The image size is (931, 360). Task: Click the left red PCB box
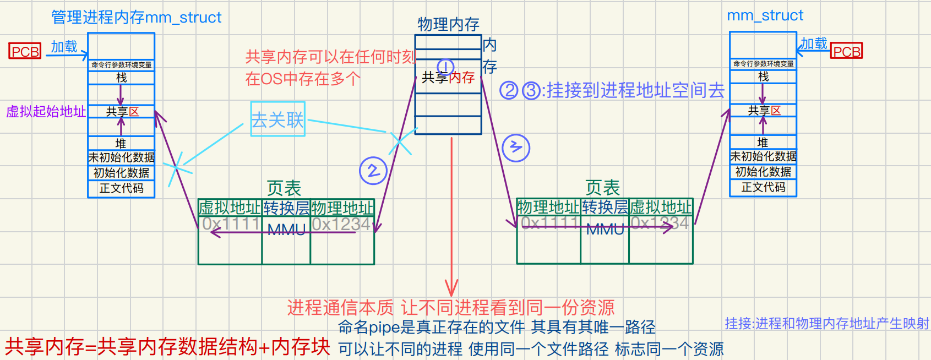25,51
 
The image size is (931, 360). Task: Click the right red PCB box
846,51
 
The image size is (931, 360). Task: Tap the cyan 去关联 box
277,119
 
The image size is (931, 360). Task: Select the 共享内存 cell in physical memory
448,78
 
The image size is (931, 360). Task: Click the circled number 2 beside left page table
373,171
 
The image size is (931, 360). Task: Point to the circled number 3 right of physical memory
516,148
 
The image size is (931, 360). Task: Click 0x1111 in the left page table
230,223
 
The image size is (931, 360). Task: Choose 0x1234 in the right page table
660,223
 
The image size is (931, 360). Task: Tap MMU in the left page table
286,230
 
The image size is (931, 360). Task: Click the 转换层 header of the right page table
605,207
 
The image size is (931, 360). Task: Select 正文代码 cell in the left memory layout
121,188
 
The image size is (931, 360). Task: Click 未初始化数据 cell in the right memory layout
763,157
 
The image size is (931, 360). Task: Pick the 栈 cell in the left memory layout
121,78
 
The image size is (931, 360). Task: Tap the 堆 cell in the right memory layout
763,143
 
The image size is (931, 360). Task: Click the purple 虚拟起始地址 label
46,112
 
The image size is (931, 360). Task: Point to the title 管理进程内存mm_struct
136,18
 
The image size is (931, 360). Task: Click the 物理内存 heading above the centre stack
448,24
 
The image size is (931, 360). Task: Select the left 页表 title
284,188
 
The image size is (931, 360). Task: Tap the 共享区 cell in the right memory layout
763,111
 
